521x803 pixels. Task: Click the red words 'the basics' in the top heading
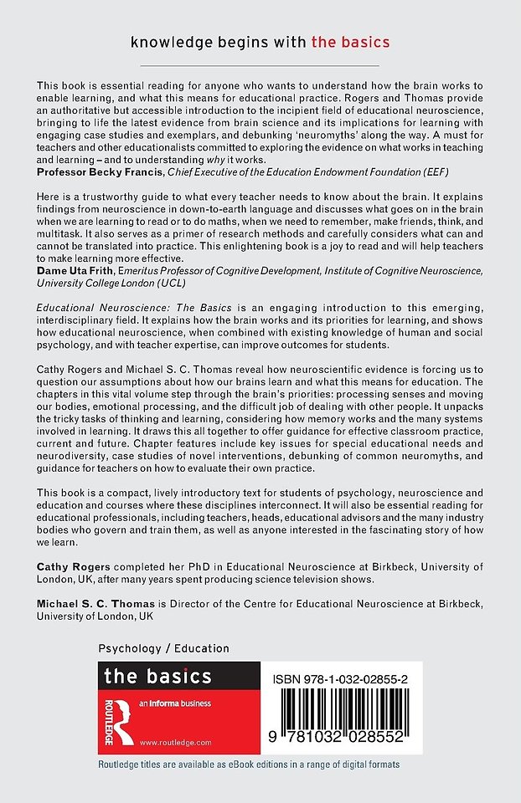click(x=350, y=41)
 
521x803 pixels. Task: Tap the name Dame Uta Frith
click(x=77, y=269)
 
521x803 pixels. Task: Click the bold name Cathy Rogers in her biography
click(x=73, y=566)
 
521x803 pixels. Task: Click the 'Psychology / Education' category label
click(x=163, y=648)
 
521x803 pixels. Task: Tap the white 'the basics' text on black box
click(x=157, y=676)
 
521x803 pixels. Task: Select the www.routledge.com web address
click(x=175, y=742)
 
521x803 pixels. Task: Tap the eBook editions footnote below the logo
click(x=248, y=765)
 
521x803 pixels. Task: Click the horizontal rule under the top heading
click(x=260, y=65)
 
